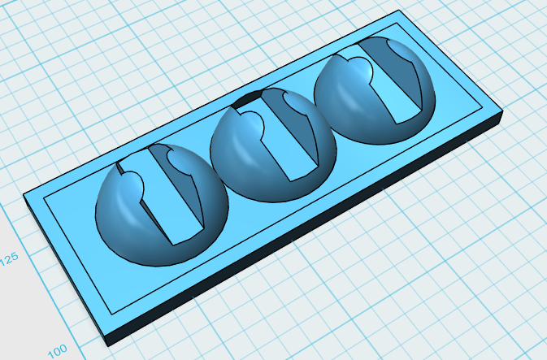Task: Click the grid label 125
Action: [9, 259]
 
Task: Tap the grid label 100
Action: [58, 350]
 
